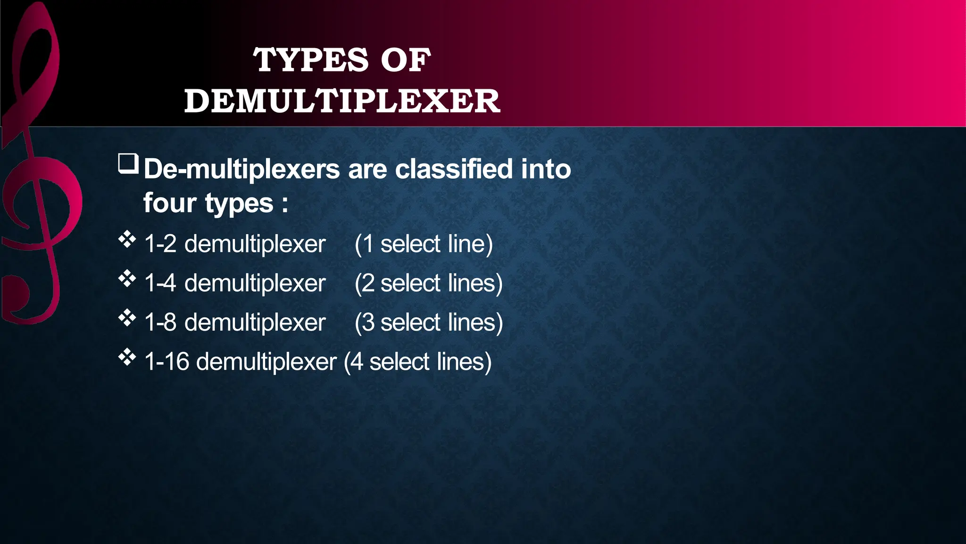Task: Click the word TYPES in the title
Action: (x=310, y=60)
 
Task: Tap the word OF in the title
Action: (x=406, y=60)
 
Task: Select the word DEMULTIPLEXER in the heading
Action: (x=342, y=101)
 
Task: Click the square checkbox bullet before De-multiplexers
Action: (x=128, y=164)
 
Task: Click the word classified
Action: (x=453, y=169)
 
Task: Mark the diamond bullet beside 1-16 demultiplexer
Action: (x=127, y=357)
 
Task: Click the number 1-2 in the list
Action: (x=160, y=244)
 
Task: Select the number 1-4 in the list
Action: (x=160, y=283)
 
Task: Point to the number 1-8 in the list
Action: (x=160, y=323)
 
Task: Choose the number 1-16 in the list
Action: (x=167, y=362)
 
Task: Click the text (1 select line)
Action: (x=424, y=244)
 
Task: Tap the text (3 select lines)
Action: (x=429, y=323)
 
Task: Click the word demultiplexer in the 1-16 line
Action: (x=266, y=362)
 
